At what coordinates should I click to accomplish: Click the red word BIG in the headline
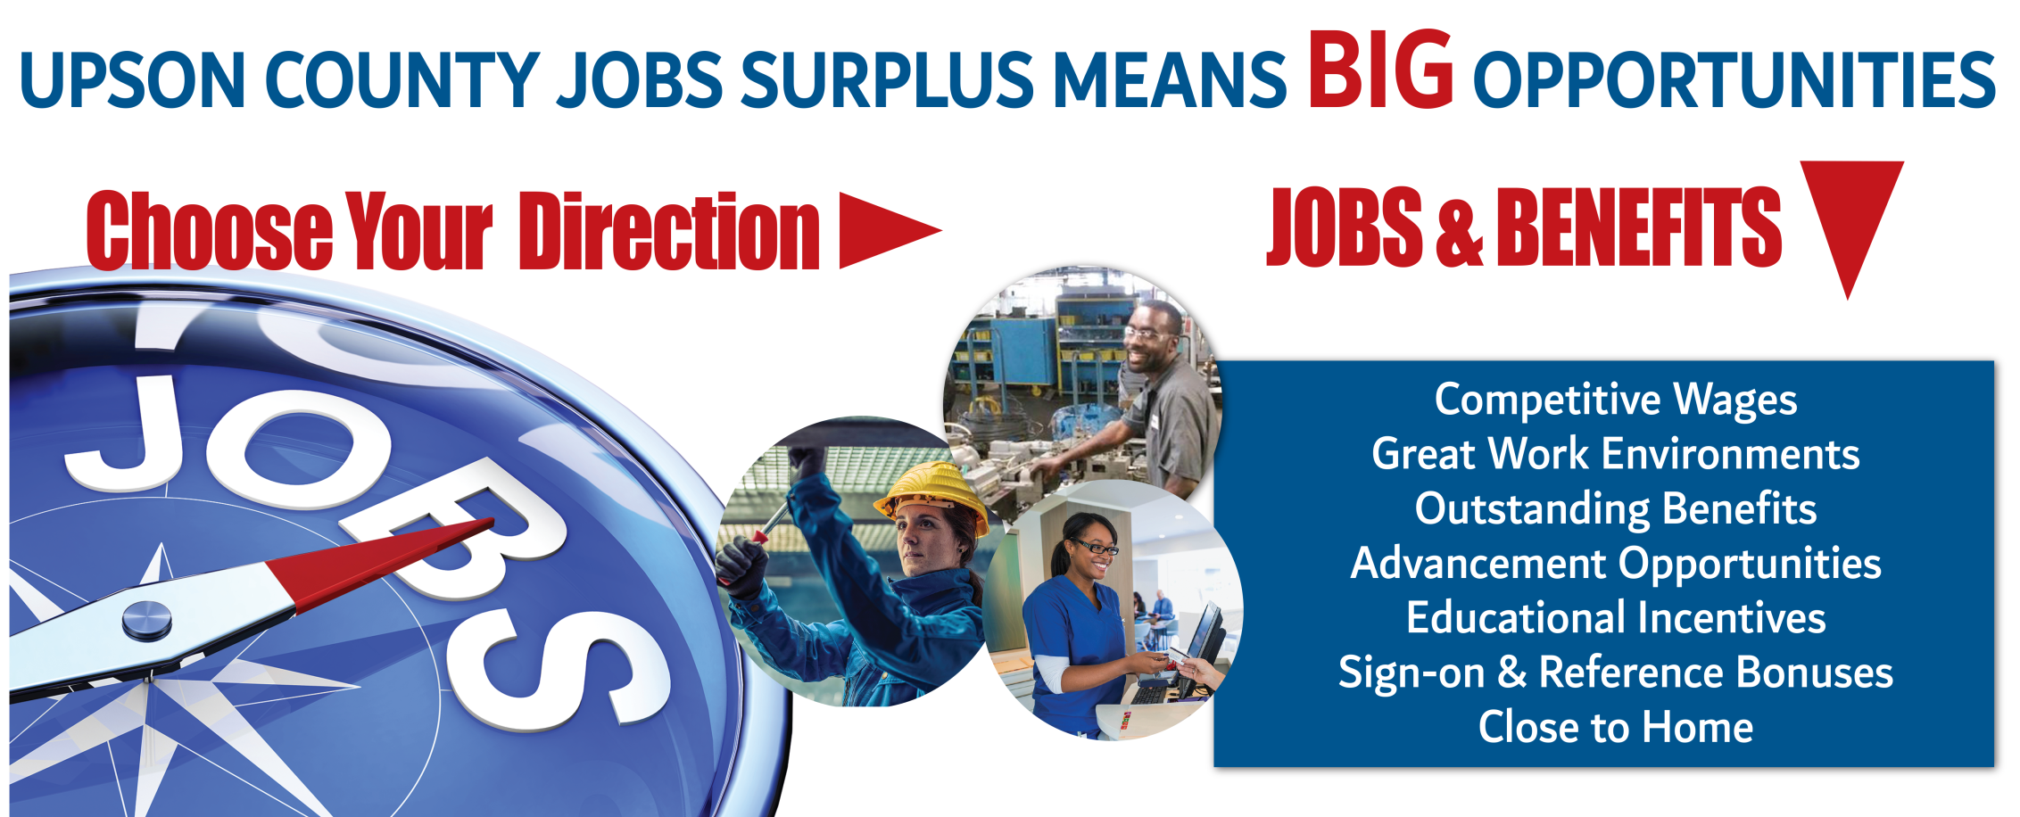[1380, 70]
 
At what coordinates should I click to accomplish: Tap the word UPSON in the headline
[133, 79]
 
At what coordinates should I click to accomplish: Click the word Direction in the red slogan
[669, 231]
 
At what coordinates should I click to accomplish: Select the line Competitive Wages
[1615, 400]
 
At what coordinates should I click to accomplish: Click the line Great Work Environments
[1615, 454]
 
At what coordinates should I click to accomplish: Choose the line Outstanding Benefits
[1615, 509]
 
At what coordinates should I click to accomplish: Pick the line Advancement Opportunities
[1615, 564]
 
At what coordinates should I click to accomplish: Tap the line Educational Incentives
[1615, 617]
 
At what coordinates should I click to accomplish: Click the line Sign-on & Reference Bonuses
[1615, 673]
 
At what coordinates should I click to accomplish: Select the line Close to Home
[1615, 727]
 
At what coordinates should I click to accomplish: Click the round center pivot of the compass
[146, 619]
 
